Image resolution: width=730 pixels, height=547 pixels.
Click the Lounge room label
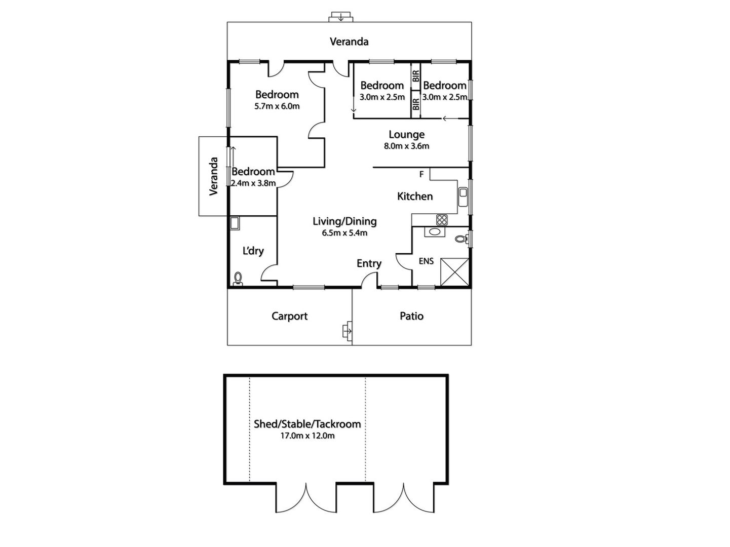[406, 134]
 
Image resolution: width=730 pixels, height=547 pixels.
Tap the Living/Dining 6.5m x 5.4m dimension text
[344, 233]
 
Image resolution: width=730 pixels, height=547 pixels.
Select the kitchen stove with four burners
[442, 219]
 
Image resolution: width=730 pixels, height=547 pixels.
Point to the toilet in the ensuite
[462, 239]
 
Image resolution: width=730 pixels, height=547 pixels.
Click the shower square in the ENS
[454, 271]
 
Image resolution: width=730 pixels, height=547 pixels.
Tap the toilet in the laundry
[238, 279]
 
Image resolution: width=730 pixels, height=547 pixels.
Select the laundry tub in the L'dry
[235, 223]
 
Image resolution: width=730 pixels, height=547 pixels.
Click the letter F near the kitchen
[421, 174]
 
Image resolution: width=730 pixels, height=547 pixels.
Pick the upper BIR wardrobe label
[416, 76]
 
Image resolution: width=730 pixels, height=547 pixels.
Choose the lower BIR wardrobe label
[416, 104]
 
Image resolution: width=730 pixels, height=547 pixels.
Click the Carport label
[289, 316]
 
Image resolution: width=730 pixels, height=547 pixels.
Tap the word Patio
[411, 316]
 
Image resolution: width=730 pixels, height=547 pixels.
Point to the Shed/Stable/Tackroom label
[308, 424]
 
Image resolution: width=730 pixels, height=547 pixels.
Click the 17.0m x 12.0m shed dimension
[308, 436]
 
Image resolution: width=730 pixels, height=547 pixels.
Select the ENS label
[426, 261]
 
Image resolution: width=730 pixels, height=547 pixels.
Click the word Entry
[369, 264]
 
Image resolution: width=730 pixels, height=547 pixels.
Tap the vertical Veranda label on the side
[213, 176]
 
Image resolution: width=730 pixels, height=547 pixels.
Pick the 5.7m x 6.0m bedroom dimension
[277, 106]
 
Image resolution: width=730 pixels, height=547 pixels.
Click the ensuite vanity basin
[435, 232]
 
